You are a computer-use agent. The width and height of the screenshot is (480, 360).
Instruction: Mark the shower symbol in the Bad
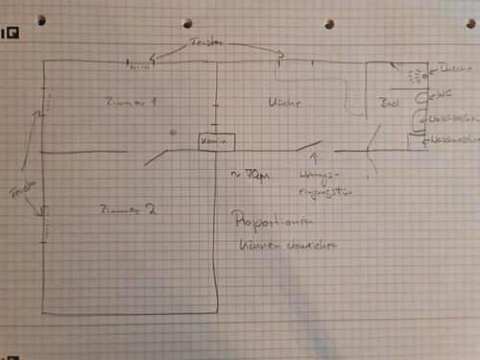415,74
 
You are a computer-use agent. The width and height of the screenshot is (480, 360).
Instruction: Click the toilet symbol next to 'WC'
419,96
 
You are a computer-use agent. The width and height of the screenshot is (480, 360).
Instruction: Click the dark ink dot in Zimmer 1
172,132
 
